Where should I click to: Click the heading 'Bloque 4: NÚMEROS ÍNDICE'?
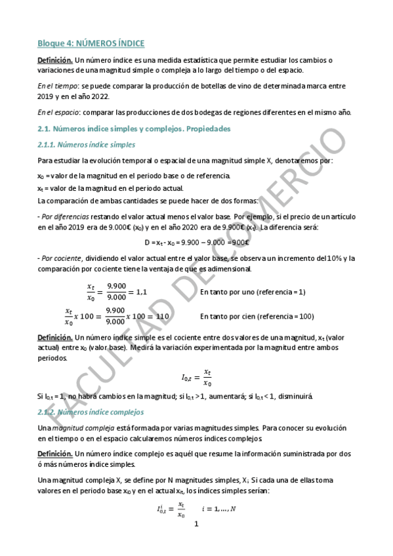(91, 43)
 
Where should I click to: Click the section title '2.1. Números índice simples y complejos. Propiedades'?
(134, 129)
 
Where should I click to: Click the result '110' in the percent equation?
(163, 316)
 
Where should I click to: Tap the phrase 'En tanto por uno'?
(228, 292)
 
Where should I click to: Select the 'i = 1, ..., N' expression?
(218, 509)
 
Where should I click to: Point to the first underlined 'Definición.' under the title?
(54, 60)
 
